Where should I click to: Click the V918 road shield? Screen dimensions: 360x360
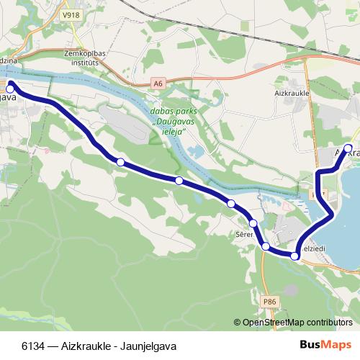pyautogui.click(x=71, y=14)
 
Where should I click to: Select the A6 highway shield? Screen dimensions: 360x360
pyautogui.click(x=158, y=84)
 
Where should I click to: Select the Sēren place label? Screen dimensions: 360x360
pyautogui.click(x=243, y=235)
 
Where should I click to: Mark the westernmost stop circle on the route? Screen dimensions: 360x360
pyautogui.click(x=10, y=84)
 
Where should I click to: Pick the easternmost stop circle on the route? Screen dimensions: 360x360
pyautogui.click(x=348, y=149)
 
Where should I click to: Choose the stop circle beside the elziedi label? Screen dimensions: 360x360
pyautogui.click(x=295, y=256)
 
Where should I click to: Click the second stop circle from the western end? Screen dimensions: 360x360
pyautogui.click(x=121, y=162)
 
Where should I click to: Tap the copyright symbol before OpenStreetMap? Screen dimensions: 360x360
pyautogui.click(x=238, y=323)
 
